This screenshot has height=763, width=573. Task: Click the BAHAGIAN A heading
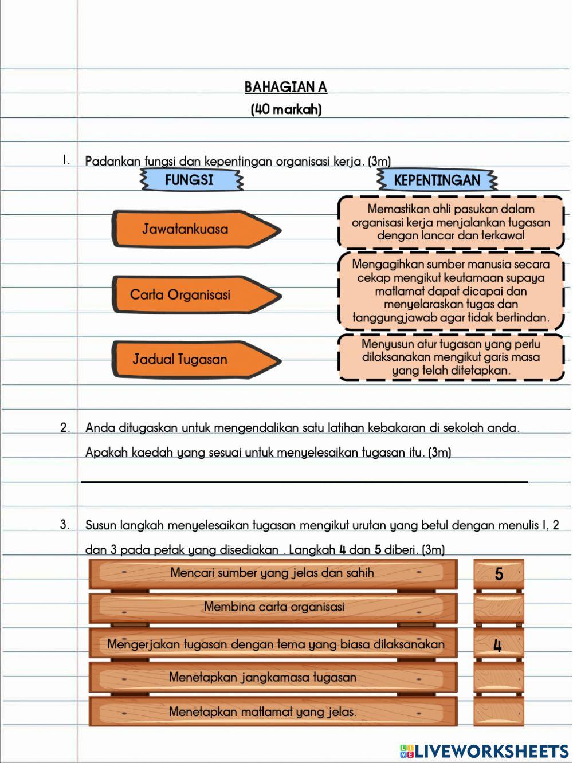click(x=285, y=87)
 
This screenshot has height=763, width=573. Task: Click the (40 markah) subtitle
click(x=286, y=109)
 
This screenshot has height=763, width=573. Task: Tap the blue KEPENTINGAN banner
click(x=437, y=180)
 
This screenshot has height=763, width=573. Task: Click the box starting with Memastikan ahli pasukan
click(x=451, y=222)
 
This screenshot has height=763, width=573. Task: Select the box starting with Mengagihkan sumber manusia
click(x=451, y=291)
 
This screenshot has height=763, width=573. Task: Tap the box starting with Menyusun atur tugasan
click(x=451, y=357)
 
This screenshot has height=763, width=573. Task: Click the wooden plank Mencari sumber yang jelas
click(x=273, y=573)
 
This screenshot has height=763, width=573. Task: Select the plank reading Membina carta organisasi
click(x=273, y=608)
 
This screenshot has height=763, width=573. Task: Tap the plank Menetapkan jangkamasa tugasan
click(x=273, y=678)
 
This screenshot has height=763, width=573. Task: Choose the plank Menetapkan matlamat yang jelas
click(x=273, y=712)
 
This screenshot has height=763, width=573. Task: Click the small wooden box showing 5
click(x=499, y=574)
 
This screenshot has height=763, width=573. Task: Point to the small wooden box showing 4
click(x=499, y=645)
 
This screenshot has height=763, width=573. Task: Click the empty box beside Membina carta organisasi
click(x=499, y=608)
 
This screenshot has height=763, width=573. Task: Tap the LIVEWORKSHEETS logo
click(x=484, y=751)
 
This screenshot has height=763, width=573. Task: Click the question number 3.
click(x=65, y=525)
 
